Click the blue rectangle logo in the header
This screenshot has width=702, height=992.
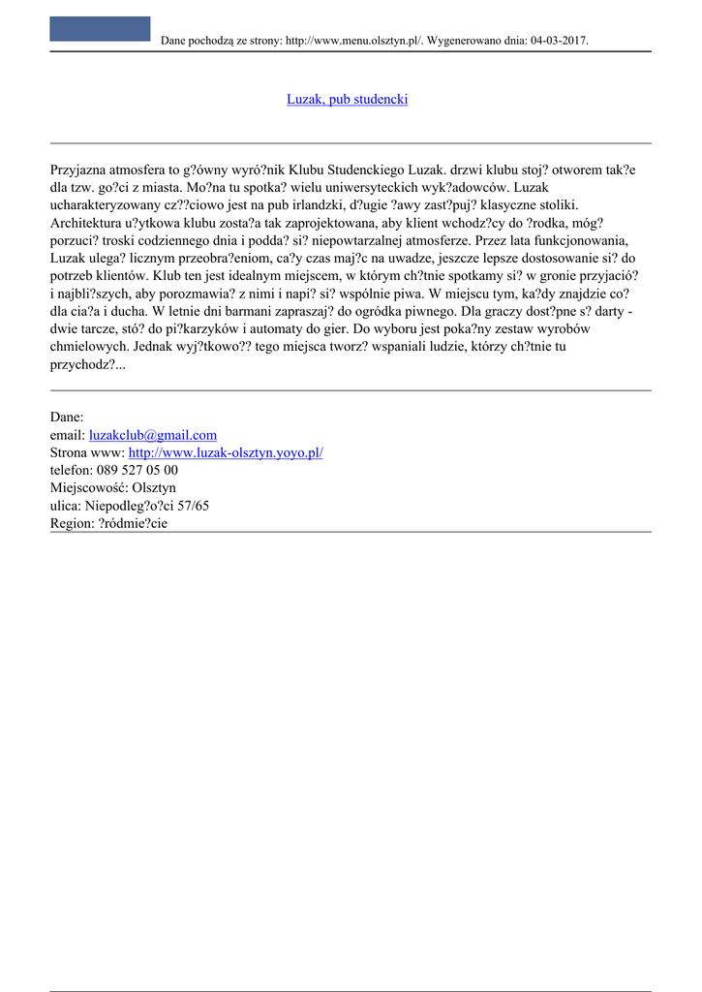tap(100, 29)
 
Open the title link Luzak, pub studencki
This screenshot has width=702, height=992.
tap(347, 100)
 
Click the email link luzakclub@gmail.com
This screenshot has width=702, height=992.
tap(152, 435)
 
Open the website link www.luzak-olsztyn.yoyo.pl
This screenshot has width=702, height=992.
tap(225, 453)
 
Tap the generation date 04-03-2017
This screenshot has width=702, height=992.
tap(559, 41)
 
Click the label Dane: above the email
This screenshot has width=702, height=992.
tap(67, 418)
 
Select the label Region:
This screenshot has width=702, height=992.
tap(72, 523)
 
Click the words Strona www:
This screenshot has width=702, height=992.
tap(87, 453)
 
